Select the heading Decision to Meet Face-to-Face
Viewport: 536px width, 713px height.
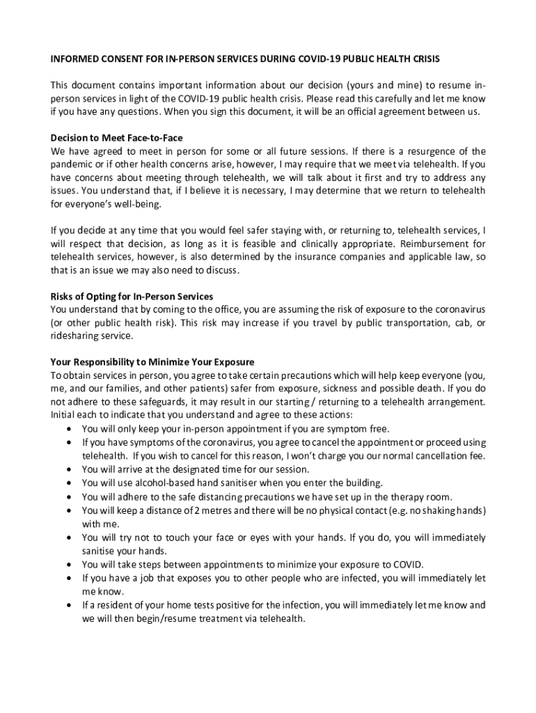click(117, 138)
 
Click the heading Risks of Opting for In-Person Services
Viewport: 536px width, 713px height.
click(132, 296)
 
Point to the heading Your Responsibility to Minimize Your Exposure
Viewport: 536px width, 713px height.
click(152, 362)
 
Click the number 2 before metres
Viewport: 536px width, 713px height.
click(198, 510)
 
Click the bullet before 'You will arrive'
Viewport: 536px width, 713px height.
click(68, 470)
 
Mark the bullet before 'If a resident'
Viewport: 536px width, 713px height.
click(68, 605)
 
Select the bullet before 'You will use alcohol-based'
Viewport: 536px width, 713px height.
click(68, 483)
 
